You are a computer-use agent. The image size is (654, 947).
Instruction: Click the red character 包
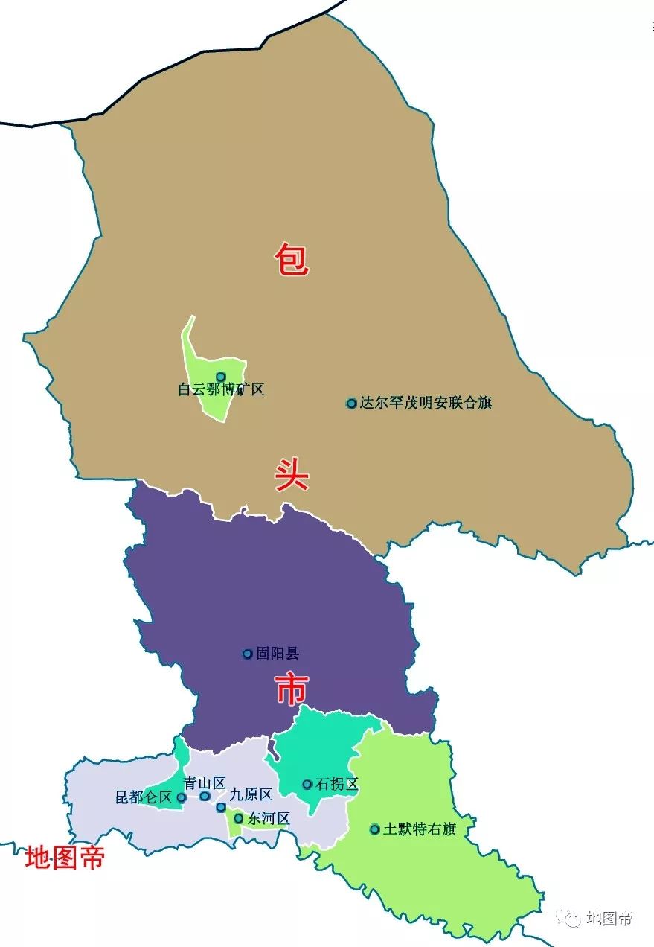291,259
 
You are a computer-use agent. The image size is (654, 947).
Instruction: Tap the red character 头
291,473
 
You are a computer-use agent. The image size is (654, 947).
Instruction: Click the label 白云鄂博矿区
221,389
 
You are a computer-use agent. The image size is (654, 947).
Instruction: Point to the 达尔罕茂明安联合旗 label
426,404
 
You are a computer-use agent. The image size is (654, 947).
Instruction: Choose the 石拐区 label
337,785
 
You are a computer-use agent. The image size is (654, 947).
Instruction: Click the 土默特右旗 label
419,829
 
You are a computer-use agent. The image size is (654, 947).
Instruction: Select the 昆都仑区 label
144,797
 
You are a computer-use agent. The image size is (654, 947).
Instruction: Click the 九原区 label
251,794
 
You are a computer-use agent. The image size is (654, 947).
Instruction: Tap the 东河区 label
269,819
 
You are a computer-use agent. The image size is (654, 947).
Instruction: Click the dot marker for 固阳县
248,654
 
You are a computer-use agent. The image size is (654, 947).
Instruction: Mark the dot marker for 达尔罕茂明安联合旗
351,404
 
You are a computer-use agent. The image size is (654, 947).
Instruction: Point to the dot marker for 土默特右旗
375,829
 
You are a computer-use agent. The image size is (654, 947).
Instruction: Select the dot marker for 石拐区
307,785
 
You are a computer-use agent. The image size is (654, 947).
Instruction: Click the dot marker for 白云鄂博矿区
220,377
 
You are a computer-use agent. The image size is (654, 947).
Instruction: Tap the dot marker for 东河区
238,819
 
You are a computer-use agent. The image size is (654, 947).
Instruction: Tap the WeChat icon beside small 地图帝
572,919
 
